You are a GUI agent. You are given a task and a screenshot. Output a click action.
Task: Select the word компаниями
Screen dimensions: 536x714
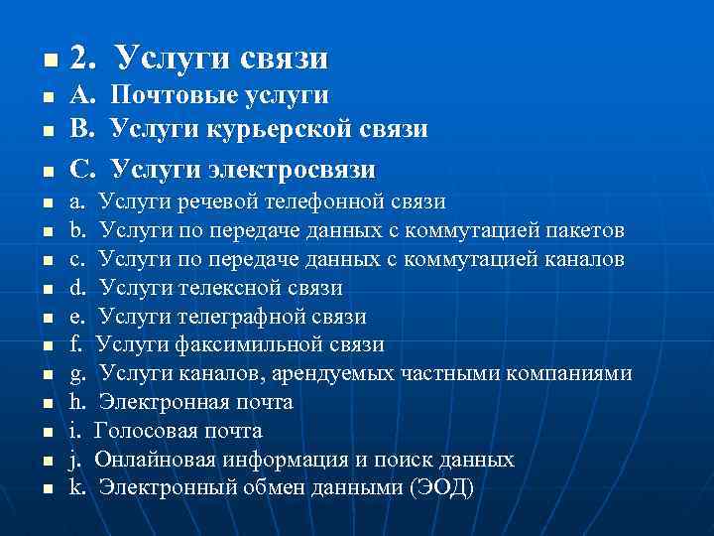coord(570,374)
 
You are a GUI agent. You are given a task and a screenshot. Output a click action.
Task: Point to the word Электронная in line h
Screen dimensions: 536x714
coord(157,403)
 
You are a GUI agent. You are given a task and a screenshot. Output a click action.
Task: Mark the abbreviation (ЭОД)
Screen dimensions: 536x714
coord(442,488)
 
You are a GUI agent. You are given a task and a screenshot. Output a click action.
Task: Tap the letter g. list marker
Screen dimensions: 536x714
coord(79,374)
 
